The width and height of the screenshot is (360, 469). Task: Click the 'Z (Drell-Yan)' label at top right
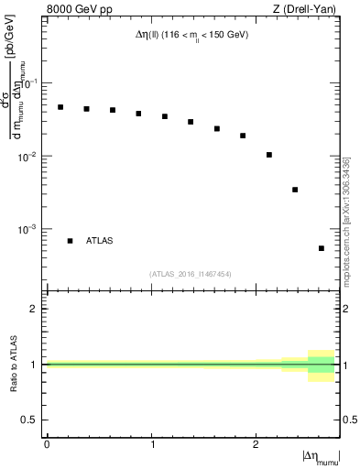click(x=308, y=10)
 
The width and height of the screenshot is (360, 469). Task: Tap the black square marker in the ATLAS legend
click(x=70, y=240)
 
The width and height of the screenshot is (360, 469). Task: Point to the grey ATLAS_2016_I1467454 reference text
click(x=190, y=274)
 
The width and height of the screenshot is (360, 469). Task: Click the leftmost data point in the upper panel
click(x=60, y=107)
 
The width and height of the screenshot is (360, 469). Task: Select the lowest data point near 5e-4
click(x=322, y=248)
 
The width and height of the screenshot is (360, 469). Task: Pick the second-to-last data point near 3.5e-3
click(x=295, y=190)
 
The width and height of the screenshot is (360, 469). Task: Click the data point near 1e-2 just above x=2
click(x=269, y=155)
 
